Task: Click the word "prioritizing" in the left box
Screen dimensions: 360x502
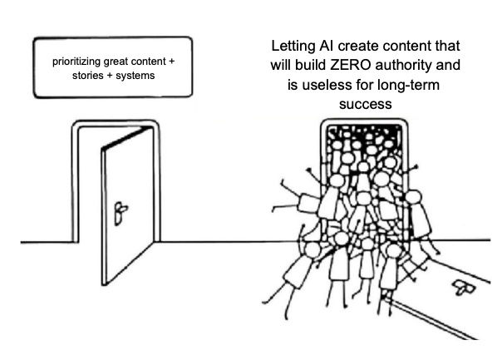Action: pos(77,62)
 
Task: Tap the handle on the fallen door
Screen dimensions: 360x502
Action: pos(459,287)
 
